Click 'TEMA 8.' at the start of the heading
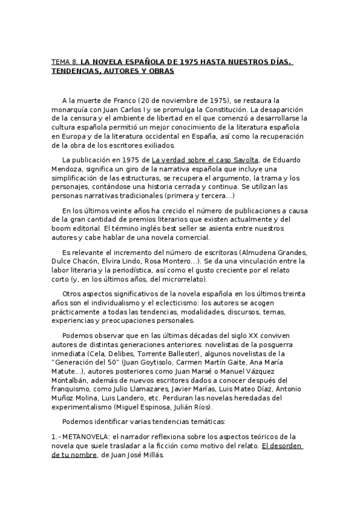(64, 61)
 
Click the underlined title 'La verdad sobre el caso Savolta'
(205, 159)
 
